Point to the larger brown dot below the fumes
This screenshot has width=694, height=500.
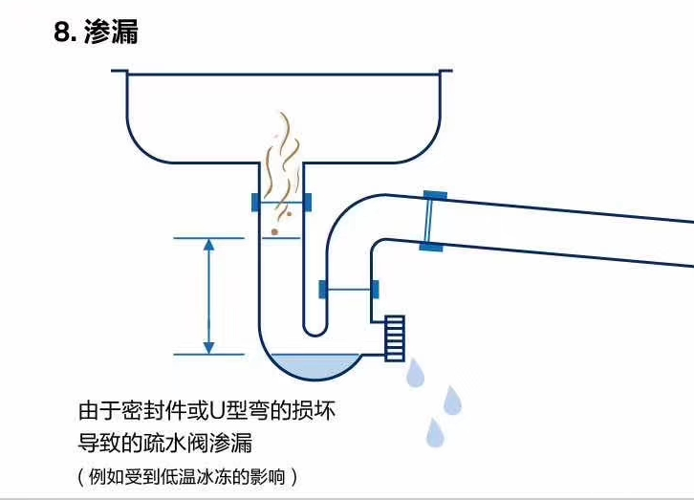pyautogui.click(x=275, y=231)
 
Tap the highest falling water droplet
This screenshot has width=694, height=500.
pyautogui.click(x=415, y=374)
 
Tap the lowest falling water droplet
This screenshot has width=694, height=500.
pyautogui.click(x=436, y=433)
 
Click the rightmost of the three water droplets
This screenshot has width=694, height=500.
pyautogui.click(x=452, y=401)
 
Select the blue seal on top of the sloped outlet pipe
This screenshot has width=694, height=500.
pyautogui.click(x=434, y=195)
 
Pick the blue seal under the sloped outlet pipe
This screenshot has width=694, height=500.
pyautogui.click(x=430, y=247)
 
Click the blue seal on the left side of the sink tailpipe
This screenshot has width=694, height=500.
pyautogui.click(x=255, y=203)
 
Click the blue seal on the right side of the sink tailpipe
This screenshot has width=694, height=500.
pyautogui.click(x=306, y=203)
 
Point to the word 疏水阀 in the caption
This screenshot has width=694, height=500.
pyautogui.click(x=169, y=443)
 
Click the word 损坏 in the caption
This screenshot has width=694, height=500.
pyautogui.click(x=315, y=412)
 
